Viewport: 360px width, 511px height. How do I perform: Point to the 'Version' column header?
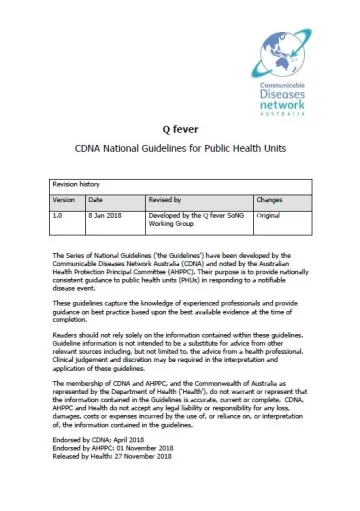coord(65,199)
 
